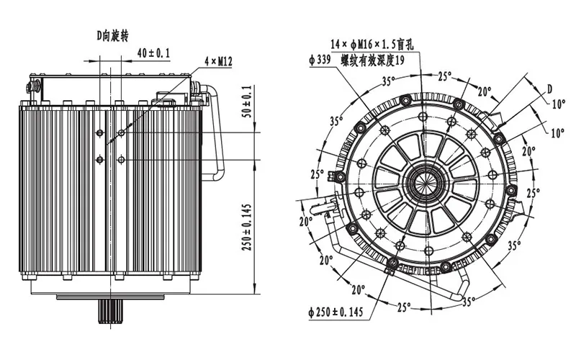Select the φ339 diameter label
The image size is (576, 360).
[x=318, y=60]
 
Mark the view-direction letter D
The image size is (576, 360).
[x=548, y=89]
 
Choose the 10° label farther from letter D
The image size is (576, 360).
[x=557, y=132]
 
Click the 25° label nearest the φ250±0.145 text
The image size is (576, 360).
[x=402, y=307]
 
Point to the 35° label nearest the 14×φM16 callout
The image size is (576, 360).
[x=389, y=81]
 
